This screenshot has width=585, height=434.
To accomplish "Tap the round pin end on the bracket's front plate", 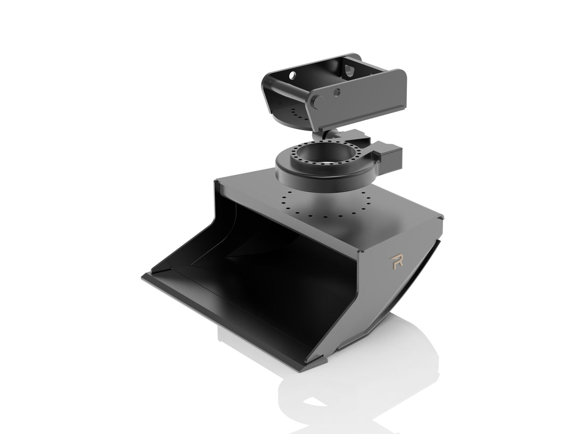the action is pos(318,101).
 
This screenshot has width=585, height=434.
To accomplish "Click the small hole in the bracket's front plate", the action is pos(337,92).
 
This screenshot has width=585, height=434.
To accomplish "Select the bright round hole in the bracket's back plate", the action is pos(292,75).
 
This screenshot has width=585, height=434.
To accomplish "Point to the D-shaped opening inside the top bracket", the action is pos(349,72).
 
